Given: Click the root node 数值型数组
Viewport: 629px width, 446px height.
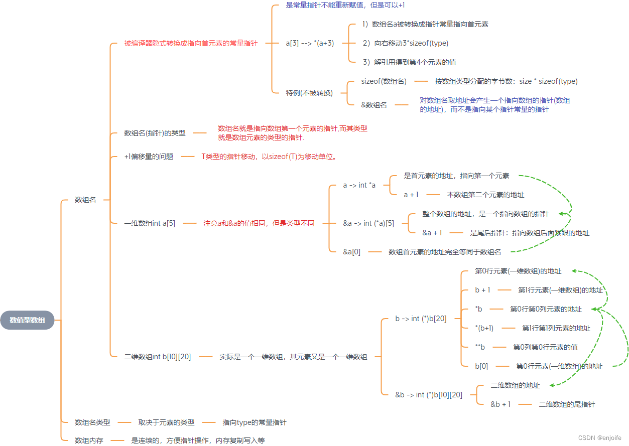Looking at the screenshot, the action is point(27,320).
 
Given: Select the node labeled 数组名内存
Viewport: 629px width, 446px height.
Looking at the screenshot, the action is point(89,440).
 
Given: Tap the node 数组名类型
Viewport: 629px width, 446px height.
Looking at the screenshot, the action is point(92,422).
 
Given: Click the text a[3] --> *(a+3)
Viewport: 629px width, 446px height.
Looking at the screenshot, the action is point(310,43).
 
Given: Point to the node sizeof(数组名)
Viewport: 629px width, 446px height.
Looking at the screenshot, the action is point(384,81).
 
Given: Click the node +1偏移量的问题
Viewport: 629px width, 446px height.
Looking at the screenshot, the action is point(149,157).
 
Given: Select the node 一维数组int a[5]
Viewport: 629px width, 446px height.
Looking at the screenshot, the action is point(150,223).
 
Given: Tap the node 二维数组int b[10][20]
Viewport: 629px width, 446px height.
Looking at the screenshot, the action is point(158,357).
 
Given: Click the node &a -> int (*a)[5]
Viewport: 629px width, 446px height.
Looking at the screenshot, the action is point(368,223).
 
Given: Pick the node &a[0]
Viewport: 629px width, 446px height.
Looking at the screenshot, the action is point(351,252).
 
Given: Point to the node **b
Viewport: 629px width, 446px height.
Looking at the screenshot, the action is point(480,347).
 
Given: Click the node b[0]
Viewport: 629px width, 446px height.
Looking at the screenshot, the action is point(481,366).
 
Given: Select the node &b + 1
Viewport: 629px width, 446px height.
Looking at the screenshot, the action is point(500,404).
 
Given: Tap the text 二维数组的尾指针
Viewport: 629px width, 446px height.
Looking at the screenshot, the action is point(567,404).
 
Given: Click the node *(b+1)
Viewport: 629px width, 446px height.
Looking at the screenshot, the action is point(484,328).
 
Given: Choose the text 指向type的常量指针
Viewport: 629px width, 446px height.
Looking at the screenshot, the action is point(255,422).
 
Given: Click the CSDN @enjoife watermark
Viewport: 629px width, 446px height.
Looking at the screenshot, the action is point(599,437).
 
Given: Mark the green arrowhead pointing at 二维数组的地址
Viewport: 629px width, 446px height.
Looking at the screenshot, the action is point(552,385).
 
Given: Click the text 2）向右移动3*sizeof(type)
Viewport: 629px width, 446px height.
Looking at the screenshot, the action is point(405,43).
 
